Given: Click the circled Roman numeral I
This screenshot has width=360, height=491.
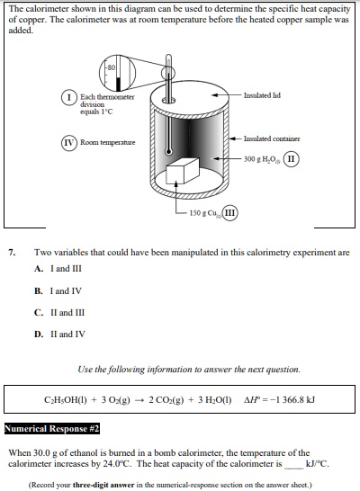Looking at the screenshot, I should [x=68, y=96].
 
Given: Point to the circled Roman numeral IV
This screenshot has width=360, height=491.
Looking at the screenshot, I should [x=68, y=142].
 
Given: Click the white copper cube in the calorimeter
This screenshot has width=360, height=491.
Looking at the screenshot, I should [x=183, y=173].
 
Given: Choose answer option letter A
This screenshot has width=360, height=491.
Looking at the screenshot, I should [x=39, y=269].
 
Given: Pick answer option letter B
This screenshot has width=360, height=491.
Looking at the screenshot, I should [x=39, y=290].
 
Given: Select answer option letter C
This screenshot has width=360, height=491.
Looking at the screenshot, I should [x=39, y=312].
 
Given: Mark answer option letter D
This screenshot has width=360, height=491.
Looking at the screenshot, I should [x=39, y=334].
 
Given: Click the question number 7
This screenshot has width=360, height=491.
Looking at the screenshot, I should [x=12, y=253].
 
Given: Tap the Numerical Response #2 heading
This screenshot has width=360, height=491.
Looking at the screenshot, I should [x=52, y=428].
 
